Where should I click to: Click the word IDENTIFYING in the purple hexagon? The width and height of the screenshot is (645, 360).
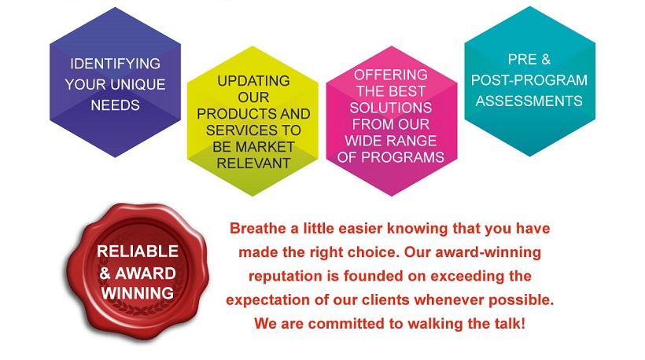[x=115, y=64]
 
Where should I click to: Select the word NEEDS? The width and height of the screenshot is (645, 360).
[x=115, y=105]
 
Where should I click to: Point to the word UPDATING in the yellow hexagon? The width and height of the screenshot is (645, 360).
[x=253, y=81]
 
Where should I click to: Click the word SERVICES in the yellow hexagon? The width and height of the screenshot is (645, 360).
[x=241, y=130]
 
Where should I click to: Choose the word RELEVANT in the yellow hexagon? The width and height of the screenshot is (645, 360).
[x=253, y=163]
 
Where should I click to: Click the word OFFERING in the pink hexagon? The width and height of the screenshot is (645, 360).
[x=391, y=75]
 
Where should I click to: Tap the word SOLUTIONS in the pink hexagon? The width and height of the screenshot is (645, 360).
[x=391, y=108]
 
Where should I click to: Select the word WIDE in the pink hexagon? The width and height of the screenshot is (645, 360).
[x=363, y=141]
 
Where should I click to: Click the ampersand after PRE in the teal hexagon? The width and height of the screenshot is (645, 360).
[x=546, y=60]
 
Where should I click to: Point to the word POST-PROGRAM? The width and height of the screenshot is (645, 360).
[x=529, y=80]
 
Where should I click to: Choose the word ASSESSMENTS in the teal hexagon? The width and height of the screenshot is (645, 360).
[x=529, y=101]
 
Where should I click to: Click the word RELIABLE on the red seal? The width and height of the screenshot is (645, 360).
[x=138, y=251]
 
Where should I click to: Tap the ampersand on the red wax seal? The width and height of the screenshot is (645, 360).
[x=105, y=273]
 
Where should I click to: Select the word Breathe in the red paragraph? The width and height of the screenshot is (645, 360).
[x=257, y=228]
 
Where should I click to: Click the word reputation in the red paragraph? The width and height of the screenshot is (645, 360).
[x=285, y=276]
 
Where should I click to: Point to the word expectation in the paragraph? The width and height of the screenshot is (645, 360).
[x=267, y=299]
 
